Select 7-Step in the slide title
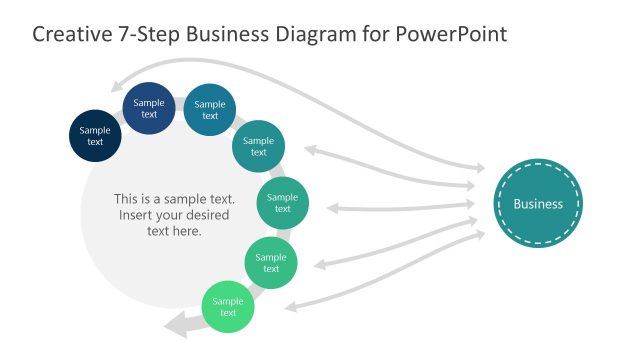[150, 34]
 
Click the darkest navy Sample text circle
[95, 135]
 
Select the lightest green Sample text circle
[228, 307]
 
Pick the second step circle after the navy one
[210, 109]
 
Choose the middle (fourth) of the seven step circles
[258, 146]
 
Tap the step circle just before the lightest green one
[271, 263]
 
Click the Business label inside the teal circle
[538, 204]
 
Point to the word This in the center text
[128, 198]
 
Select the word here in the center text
[187, 231]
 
